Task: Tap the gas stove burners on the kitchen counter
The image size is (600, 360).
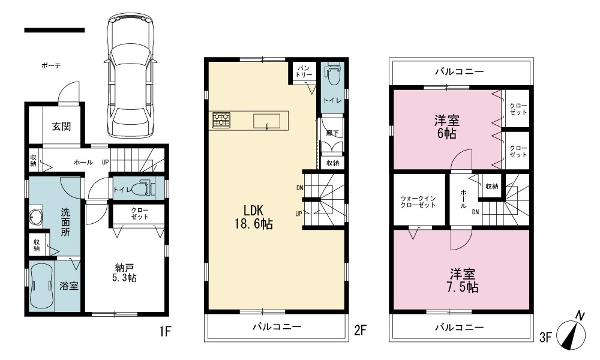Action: (221, 120)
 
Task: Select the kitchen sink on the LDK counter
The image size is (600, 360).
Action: (267, 121)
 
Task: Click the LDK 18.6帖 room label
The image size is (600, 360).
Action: (254, 217)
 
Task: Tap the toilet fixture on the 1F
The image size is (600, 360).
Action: (142, 188)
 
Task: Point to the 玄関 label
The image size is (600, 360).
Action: (62, 126)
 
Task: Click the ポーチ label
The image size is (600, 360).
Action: (51, 66)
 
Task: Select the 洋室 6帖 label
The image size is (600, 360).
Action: (447, 127)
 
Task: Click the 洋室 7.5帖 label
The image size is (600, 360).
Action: (463, 280)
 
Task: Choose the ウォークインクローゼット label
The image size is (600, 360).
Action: (418, 202)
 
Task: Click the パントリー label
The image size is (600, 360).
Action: (304, 71)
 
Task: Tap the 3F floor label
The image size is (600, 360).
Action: (545, 338)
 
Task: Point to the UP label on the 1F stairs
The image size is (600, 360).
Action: (105, 162)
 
